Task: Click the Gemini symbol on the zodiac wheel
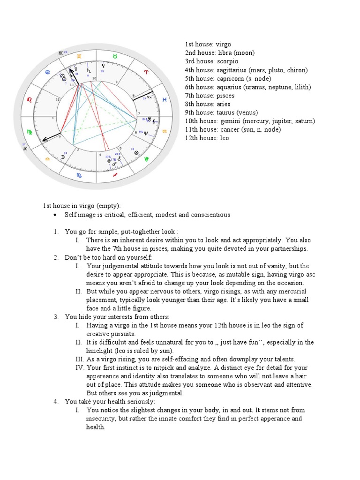[79, 56]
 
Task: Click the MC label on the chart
[61, 52]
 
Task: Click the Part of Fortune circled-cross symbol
[136, 153]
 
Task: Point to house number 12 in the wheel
[57, 99]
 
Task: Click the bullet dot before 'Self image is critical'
[55, 215]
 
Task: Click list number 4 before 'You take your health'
[55, 402]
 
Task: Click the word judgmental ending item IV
[167, 393]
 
